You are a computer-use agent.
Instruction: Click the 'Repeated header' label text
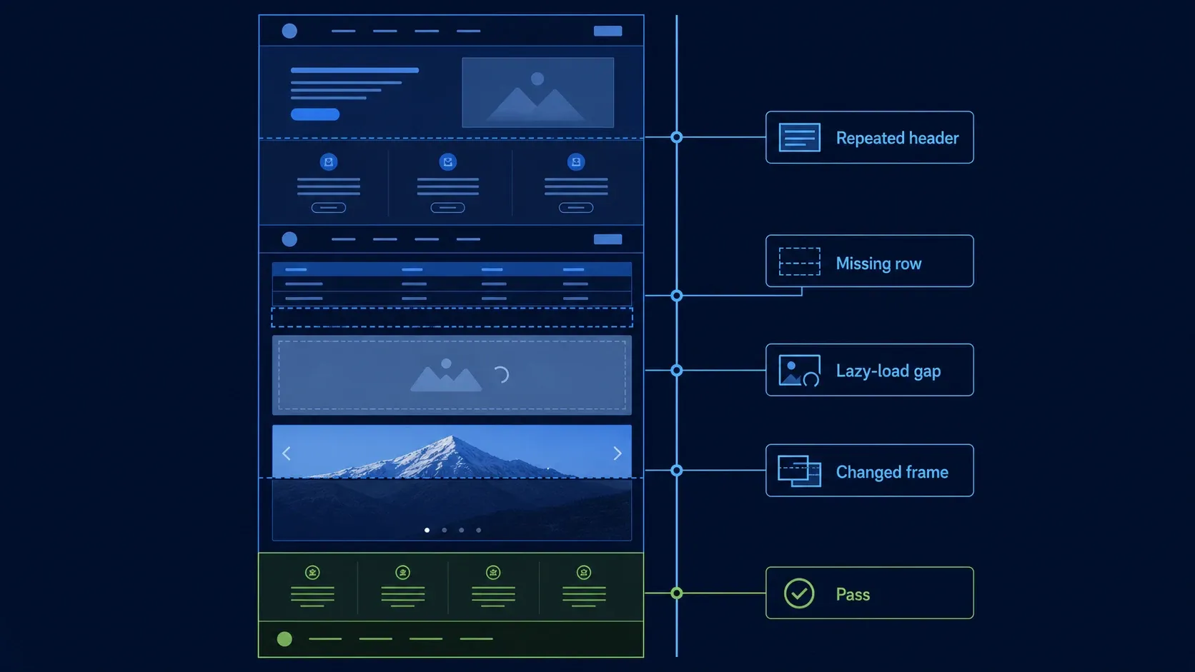pos(897,138)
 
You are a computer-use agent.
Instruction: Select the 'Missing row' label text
pos(878,264)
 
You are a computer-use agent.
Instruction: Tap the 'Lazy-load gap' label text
pos(888,371)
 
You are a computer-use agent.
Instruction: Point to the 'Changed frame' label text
pos(891,472)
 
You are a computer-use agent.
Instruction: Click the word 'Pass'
pos(853,594)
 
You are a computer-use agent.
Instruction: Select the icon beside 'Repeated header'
pos(799,138)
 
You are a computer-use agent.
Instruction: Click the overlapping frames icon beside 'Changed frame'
pos(799,471)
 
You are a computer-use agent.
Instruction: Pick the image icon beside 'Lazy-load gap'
pos(798,371)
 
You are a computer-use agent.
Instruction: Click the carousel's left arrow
pos(287,453)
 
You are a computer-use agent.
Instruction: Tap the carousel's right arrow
pos(618,453)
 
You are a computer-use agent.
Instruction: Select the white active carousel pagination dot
pos(427,530)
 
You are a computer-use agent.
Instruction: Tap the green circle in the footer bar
pos(284,638)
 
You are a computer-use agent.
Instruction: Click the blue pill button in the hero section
pos(314,114)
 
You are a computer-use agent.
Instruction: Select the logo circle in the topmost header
pos(289,31)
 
